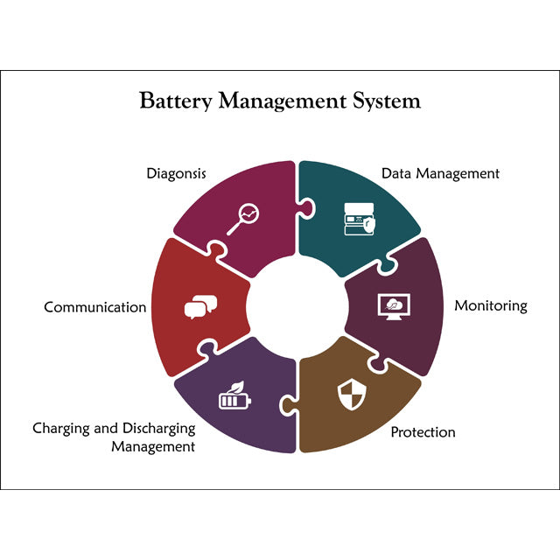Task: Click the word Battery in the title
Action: [176, 101]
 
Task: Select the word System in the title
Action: [387, 101]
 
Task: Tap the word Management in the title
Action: [283, 101]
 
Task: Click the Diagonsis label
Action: [177, 174]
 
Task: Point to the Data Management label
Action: [440, 174]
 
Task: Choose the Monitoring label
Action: [491, 306]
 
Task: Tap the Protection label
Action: [423, 432]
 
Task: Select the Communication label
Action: [95, 307]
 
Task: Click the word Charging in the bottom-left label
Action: [60, 429]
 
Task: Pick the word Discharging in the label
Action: [159, 429]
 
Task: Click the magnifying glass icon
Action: [243, 220]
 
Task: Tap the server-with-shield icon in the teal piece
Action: [360, 219]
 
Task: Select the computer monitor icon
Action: [394, 307]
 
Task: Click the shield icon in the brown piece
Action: [352, 395]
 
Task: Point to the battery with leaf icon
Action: [235, 395]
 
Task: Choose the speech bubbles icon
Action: [200, 307]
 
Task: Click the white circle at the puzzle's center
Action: [297, 306]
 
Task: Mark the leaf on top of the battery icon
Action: [236, 387]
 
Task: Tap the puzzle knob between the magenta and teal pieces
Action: [307, 208]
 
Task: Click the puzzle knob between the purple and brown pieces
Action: [288, 405]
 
